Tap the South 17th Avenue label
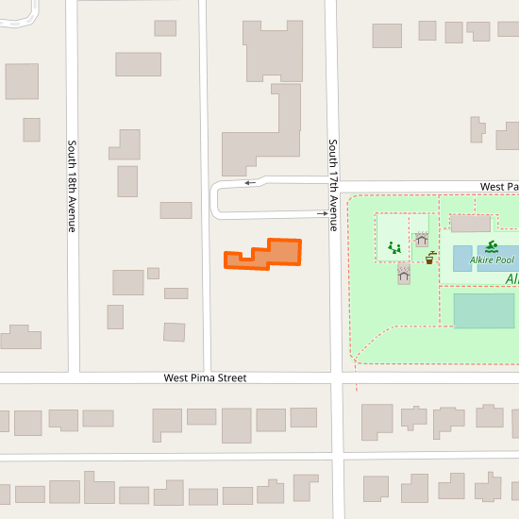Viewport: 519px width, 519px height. tap(333, 179)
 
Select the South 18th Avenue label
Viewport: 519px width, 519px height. tap(71, 186)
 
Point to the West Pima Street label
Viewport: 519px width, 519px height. tap(205, 377)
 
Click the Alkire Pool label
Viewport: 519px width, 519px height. tap(493, 259)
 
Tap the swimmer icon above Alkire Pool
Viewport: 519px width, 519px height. tap(492, 246)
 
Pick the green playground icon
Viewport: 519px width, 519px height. tap(394, 248)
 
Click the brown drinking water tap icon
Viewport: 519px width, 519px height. tap(430, 258)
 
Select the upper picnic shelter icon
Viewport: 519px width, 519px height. tap(422, 240)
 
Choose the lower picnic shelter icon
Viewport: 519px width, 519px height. tap(404, 275)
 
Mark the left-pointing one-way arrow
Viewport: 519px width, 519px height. tap(250, 183)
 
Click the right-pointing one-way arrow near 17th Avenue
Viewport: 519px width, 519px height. tap(322, 214)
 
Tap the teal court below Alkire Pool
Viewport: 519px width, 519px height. tap(484, 310)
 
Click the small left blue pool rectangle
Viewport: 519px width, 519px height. tap(462, 259)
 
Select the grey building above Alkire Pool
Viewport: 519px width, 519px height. tap(470, 224)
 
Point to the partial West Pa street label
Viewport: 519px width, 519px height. tap(499, 187)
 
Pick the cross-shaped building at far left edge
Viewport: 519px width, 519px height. tap(21, 337)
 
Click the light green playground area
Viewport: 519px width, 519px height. tap(393, 236)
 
